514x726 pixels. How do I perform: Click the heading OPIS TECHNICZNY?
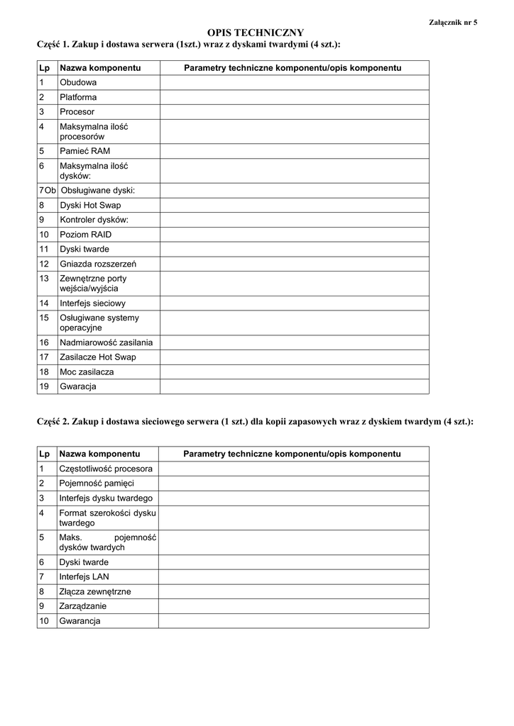click(x=255, y=33)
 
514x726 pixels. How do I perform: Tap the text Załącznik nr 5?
click(x=453, y=22)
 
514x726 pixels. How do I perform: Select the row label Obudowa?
click(x=78, y=83)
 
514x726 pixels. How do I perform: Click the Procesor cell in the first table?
click(x=77, y=112)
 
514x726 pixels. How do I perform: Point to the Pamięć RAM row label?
click(x=84, y=151)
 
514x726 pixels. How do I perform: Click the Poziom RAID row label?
click(x=85, y=235)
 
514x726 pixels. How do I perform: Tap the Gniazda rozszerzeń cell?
click(x=98, y=264)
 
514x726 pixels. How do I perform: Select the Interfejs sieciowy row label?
click(x=92, y=303)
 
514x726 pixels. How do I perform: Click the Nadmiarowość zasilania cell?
click(x=106, y=342)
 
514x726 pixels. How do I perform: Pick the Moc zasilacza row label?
click(x=87, y=372)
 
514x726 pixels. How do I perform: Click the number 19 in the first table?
click(x=44, y=386)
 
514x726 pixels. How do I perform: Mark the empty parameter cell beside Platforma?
click(x=294, y=97)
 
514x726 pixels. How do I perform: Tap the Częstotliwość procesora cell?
click(x=106, y=469)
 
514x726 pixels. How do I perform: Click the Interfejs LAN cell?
click(x=84, y=576)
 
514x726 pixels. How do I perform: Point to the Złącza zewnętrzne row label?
click(x=95, y=591)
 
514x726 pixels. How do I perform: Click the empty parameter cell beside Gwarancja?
click(x=294, y=386)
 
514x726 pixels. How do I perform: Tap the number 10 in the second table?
click(x=44, y=621)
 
